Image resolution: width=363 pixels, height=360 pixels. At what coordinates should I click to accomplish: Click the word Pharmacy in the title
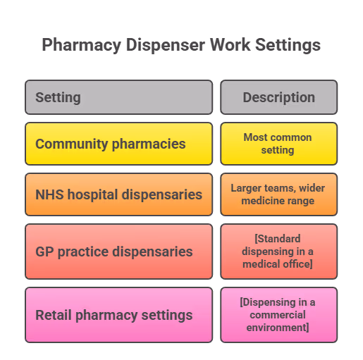82,45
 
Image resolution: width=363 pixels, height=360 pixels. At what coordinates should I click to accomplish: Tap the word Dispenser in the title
166,45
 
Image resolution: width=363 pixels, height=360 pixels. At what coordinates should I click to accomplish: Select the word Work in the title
230,44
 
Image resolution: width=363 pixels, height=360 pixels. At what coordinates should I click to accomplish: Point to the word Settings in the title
288,45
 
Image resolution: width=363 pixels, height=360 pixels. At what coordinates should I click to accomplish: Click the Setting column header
119,97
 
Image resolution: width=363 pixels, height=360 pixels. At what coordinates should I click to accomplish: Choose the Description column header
279,97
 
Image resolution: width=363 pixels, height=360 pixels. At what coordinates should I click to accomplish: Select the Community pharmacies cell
119,144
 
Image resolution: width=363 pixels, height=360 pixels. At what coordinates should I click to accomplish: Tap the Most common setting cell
279,144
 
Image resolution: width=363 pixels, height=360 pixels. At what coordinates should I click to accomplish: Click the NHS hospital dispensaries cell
119,194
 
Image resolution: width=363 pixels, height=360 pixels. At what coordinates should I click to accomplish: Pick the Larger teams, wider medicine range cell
279,194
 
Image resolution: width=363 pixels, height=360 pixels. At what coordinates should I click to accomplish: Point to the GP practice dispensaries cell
119,252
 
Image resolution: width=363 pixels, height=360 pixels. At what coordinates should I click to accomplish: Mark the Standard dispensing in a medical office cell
279,252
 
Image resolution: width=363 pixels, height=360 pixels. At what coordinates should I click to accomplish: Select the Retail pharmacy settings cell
119,315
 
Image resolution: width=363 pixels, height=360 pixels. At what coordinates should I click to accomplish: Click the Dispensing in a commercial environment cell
279,315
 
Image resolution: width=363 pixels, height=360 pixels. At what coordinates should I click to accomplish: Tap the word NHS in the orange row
49,194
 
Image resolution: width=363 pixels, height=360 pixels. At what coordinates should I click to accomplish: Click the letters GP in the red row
44,252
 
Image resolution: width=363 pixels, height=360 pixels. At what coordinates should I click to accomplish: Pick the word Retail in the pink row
54,315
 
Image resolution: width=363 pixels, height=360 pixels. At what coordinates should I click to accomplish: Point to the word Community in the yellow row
72,144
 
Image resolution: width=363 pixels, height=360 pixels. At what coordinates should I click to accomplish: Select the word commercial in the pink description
278,315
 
